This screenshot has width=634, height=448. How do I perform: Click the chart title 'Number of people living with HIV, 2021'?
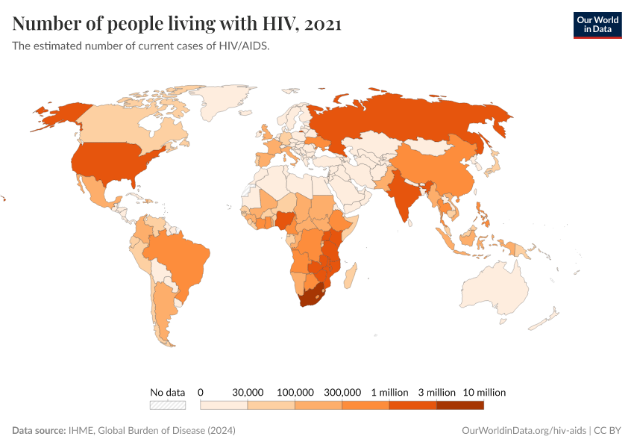point(177,24)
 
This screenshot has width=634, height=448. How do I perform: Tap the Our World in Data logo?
point(597,25)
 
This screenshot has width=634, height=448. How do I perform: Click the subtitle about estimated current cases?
point(140,46)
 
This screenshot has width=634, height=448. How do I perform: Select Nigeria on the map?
point(286,221)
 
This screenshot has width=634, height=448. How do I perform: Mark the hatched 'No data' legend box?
point(167,405)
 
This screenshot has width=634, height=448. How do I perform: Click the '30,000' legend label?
point(248,392)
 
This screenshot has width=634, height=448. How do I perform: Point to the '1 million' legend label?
point(389,392)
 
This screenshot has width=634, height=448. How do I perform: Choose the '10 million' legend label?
point(483,392)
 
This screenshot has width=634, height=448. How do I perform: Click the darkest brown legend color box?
point(459,405)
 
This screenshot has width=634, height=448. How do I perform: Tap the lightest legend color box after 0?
point(224,405)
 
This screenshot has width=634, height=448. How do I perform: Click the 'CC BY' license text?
point(608,431)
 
